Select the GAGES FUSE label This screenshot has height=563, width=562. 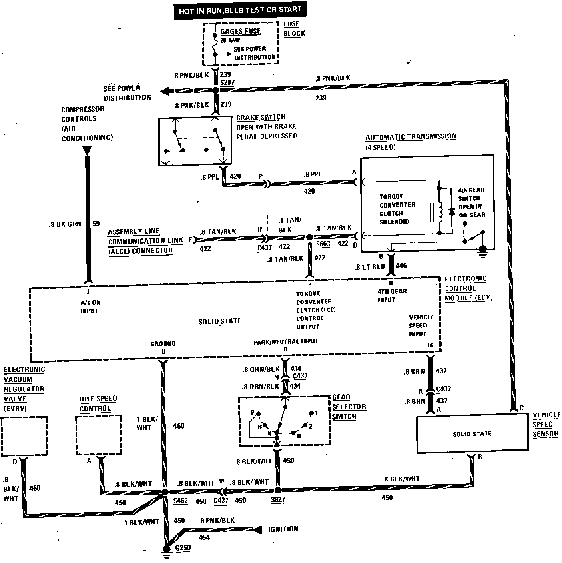point(240,31)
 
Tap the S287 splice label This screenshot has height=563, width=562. point(227,83)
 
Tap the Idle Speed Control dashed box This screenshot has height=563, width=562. point(98,435)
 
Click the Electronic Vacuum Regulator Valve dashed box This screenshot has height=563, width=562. point(24,436)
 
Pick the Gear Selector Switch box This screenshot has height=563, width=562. point(285,421)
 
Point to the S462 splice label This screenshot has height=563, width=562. point(181,501)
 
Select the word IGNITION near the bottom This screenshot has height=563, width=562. point(283,529)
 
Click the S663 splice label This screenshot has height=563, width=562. point(323,244)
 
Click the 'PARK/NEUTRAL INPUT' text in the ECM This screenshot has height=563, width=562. point(285,342)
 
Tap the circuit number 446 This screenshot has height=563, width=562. point(401,266)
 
